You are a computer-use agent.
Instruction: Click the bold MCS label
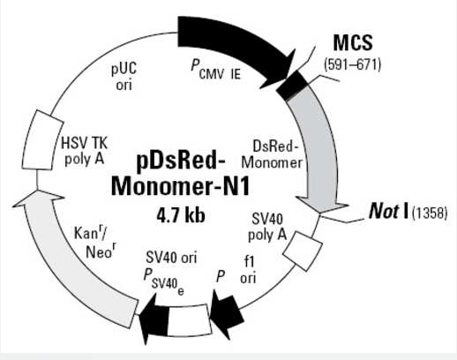coord(353,42)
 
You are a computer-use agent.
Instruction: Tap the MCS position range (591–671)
coord(352,64)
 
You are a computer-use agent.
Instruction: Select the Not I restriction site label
coord(388,211)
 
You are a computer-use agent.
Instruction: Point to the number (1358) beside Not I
coord(430,213)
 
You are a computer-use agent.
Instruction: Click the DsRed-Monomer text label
coord(272,154)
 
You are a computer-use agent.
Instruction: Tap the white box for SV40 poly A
coord(303,251)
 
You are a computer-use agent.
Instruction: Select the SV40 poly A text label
coord(267,227)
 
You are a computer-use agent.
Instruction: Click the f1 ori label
coord(248,269)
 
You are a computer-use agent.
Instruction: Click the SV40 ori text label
coord(171,258)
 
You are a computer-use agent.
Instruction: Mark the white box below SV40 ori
coord(190,320)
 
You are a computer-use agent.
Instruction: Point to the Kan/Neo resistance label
coord(96,243)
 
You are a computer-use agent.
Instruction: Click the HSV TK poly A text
coord(85,152)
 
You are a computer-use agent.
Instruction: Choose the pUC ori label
coord(124,77)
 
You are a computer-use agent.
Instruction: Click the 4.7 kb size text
coord(181,216)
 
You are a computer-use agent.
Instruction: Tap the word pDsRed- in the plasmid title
coord(181,161)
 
